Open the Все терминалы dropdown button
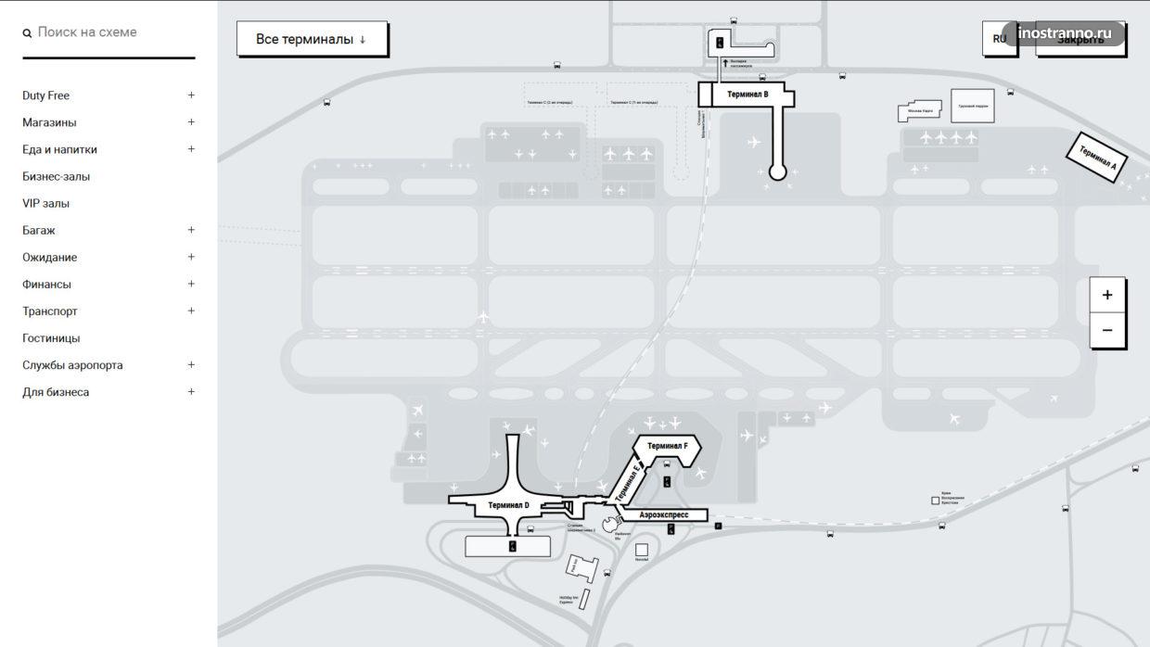coord(312,39)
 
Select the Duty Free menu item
coord(46,95)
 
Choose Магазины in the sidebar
coord(49,122)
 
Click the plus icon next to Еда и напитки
coord(191,148)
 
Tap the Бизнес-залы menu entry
coord(57,176)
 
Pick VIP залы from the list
coord(46,203)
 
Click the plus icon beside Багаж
coord(191,230)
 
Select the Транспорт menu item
coord(50,311)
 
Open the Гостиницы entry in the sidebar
coord(51,338)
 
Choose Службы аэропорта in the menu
coord(72,365)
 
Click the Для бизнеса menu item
coord(56,392)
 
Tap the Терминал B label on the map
coord(747,94)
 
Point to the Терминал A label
coord(1097,158)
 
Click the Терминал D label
coord(508,505)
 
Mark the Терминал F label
coord(667,446)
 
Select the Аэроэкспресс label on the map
coord(664,514)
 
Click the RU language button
coord(999,39)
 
